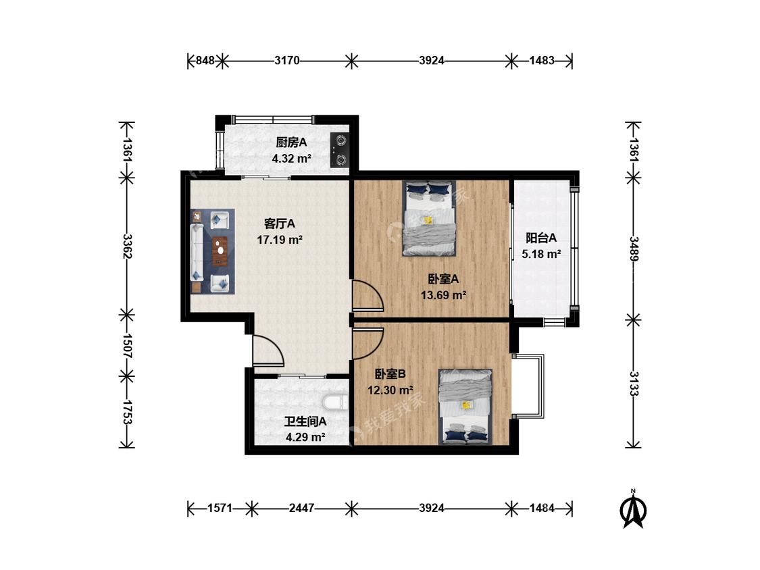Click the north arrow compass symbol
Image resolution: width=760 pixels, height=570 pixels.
pyautogui.click(x=633, y=509)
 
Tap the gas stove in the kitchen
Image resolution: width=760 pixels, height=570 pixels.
pyautogui.click(x=340, y=150)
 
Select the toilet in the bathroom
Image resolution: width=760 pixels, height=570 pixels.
pyautogui.click(x=335, y=403)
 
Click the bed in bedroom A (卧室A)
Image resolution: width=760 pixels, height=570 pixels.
pyautogui.click(x=430, y=218)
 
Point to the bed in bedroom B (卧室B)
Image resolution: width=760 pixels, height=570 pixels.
pyautogui.click(x=465, y=407)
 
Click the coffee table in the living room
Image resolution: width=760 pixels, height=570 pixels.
pyautogui.click(x=220, y=251)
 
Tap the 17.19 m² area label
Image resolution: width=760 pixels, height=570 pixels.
pyautogui.click(x=280, y=240)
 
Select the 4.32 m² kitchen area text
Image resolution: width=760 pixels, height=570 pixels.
pyautogui.click(x=291, y=159)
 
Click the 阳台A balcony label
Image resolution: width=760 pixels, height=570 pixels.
pyautogui.click(x=541, y=238)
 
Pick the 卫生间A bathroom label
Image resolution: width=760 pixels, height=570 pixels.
pyautogui.click(x=305, y=421)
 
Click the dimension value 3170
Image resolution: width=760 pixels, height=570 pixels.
pyautogui.click(x=287, y=61)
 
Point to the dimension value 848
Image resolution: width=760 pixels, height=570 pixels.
pyautogui.click(x=205, y=61)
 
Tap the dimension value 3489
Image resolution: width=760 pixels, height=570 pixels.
pyautogui.click(x=634, y=249)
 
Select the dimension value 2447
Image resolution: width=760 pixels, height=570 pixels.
pyautogui.click(x=301, y=508)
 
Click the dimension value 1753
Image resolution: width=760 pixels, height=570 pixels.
pyautogui.click(x=127, y=412)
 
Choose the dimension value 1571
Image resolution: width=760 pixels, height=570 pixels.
pyautogui.click(x=220, y=508)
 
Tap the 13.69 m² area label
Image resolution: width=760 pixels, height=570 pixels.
pyautogui.click(x=443, y=294)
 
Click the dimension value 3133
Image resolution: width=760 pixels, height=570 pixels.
pyautogui.click(x=634, y=384)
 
